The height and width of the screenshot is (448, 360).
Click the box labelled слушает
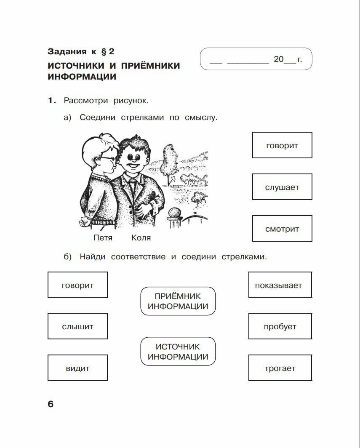[x=282, y=187]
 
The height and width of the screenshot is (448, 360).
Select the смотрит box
[x=282, y=229]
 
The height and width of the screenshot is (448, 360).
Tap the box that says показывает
[x=280, y=285]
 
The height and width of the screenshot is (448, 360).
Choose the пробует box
[x=280, y=326]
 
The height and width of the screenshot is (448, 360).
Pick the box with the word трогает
[x=280, y=368]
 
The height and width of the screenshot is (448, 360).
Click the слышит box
[x=77, y=326]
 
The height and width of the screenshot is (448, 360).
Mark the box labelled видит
[x=77, y=368]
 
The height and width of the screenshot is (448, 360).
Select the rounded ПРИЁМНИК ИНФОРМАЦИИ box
[x=178, y=301]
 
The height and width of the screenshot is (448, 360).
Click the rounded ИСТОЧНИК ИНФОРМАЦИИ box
[x=178, y=352]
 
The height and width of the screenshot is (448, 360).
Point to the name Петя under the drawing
[x=103, y=238]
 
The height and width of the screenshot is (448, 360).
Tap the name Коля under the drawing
[x=141, y=238]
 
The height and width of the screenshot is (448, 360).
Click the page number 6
[x=51, y=404]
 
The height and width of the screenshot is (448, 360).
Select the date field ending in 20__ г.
[x=256, y=59]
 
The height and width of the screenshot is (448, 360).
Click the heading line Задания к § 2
[x=81, y=52]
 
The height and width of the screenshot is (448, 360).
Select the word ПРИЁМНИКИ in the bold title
[x=150, y=66]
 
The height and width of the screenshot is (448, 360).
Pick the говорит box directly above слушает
[x=282, y=145]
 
